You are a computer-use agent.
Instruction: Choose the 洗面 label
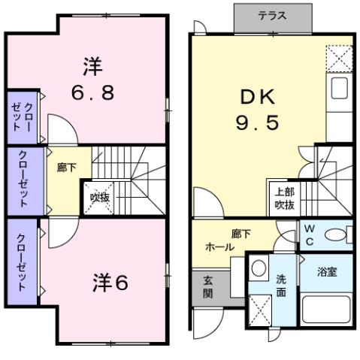click(x=281, y=286)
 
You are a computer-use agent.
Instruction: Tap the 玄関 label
click(x=207, y=286)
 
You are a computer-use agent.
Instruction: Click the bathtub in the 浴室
click(x=325, y=311)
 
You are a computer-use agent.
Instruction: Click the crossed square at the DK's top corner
click(x=339, y=58)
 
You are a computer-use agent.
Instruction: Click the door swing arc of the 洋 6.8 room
click(x=59, y=127)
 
